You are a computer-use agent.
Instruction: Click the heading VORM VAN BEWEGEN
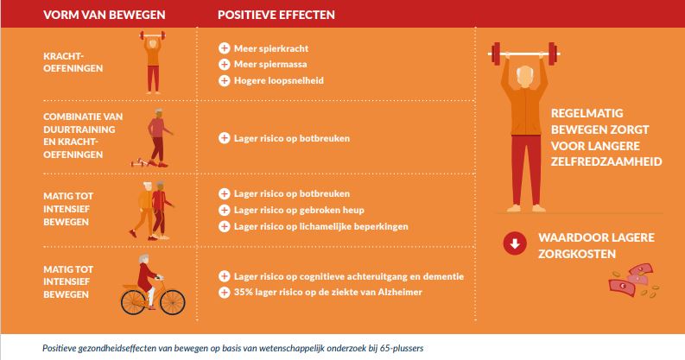(104, 15)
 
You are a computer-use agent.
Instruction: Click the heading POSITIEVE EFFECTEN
(276, 15)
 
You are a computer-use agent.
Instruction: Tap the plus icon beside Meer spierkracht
(224, 48)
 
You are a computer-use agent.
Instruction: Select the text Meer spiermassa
(270, 65)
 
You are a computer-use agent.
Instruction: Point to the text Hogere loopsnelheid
(279, 81)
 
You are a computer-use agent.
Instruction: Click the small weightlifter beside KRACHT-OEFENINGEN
(153, 61)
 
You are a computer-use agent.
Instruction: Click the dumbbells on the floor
(140, 162)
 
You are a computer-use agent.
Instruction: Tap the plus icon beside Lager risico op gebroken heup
(224, 210)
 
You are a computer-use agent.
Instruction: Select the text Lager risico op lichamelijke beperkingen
(321, 226)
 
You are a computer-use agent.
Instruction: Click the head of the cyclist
(144, 260)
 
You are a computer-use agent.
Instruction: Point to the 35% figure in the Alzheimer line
(243, 292)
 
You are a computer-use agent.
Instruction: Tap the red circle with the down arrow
(515, 243)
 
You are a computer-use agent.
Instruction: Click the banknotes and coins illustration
(634, 281)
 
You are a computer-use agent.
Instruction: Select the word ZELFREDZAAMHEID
(606, 162)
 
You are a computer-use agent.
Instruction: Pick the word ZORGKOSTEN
(577, 254)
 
